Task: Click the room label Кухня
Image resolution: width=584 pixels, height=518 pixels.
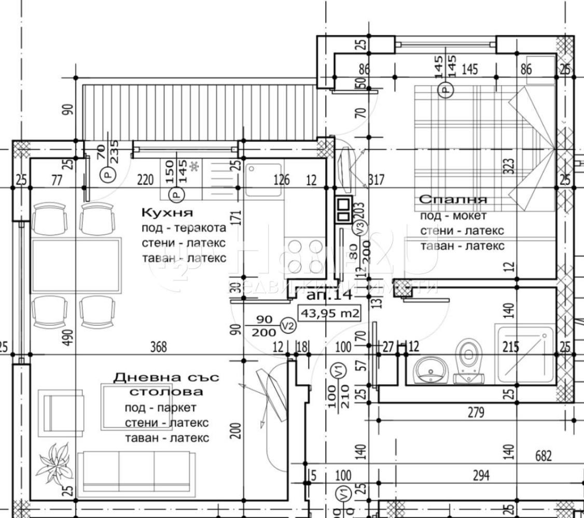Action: click(x=167, y=212)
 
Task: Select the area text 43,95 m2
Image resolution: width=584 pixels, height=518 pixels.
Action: click(x=329, y=313)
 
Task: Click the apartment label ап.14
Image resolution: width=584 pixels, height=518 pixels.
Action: click(x=329, y=295)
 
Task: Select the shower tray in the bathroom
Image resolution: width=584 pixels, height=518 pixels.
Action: click(x=524, y=354)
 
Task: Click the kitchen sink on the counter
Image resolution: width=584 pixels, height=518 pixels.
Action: click(x=263, y=180)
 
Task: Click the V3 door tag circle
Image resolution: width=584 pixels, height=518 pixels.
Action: click(x=358, y=226)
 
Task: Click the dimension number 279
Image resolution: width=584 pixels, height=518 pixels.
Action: click(x=475, y=413)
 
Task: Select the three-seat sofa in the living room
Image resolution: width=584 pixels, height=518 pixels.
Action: click(x=137, y=470)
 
